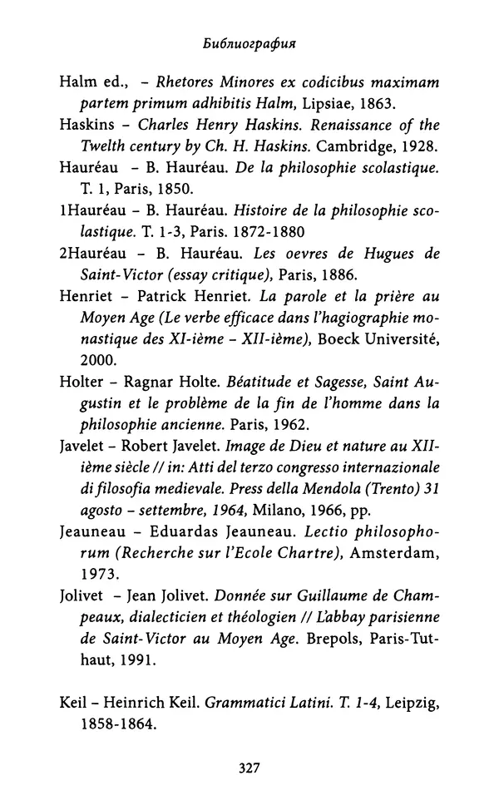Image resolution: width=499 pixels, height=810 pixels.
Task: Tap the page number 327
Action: pos(249,768)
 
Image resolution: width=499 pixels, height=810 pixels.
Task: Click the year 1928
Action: pos(415,146)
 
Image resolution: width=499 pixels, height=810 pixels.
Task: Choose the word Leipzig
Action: pos(409,703)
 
